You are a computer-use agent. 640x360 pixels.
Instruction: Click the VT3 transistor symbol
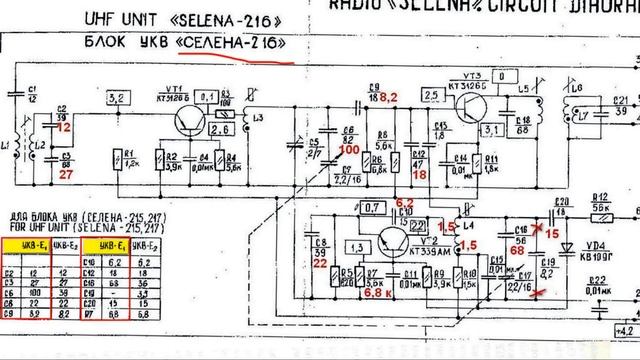pyautogui.click(x=473, y=113)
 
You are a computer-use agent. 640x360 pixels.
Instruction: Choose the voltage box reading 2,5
pyautogui.click(x=433, y=95)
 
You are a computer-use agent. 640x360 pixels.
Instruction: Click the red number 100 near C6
pyautogui.click(x=348, y=149)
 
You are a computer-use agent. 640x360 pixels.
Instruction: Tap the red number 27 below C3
pyautogui.click(x=66, y=174)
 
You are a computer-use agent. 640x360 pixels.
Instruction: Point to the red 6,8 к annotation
pyautogui.click(x=376, y=293)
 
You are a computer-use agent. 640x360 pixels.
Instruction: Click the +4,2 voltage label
pyautogui.click(x=625, y=328)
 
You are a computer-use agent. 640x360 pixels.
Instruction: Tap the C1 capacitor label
pyautogui.click(x=32, y=97)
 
